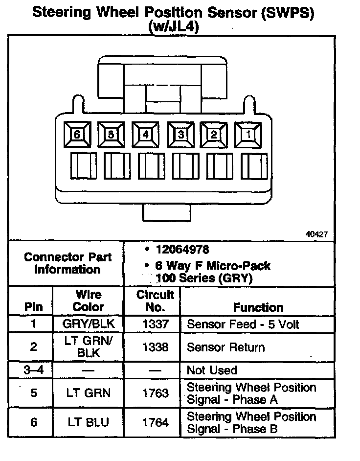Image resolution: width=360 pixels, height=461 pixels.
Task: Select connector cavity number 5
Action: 111,134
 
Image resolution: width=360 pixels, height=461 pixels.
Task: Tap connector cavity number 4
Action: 145,134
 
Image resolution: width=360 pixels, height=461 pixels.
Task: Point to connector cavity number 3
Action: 180,134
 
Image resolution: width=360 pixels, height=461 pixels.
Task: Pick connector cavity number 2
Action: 214,134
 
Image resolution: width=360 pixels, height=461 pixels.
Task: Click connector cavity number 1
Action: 248,134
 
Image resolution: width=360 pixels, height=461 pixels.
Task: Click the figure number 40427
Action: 316,234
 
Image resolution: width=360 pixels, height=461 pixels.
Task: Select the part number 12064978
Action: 182,250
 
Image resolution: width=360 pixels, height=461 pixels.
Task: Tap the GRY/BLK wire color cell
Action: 89,324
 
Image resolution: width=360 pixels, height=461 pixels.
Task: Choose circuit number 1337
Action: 155,324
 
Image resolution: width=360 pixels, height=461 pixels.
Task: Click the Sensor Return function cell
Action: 226,347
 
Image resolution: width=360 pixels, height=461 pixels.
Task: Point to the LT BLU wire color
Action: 89,422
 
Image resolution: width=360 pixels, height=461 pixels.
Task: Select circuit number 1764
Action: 155,422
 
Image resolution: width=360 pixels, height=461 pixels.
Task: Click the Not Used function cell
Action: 212,370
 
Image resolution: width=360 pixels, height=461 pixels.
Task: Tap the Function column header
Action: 258,307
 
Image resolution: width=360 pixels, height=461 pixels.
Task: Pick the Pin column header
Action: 33,307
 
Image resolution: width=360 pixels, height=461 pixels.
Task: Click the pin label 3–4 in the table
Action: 33,370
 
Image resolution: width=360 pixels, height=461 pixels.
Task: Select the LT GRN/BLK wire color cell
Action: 89,347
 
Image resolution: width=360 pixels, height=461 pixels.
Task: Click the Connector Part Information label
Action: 67,263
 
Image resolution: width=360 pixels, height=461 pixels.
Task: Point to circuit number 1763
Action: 155,393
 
